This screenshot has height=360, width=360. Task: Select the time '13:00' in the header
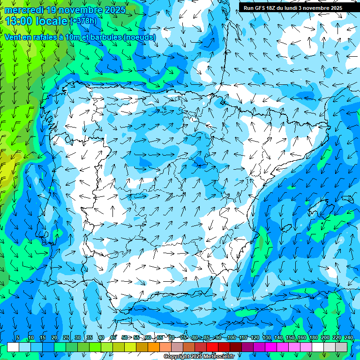18,21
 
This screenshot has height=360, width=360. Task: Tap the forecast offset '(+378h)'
83,21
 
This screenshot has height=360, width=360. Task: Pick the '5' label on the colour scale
17,338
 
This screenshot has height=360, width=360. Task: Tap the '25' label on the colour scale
66,338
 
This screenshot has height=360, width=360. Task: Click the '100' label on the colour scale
231,338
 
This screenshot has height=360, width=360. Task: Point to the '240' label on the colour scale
349,338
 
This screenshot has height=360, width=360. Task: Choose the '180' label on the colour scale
313,338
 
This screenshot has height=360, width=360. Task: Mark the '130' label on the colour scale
266,338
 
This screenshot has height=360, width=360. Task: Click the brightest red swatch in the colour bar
212,347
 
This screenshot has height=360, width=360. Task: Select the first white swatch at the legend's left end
13,347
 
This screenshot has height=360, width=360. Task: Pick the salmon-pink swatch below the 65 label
165,347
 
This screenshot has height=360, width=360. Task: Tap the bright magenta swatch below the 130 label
271,347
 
